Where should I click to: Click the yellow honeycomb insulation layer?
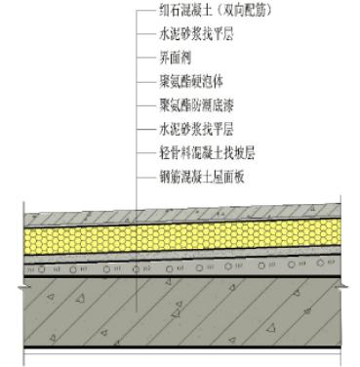point(185,225)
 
